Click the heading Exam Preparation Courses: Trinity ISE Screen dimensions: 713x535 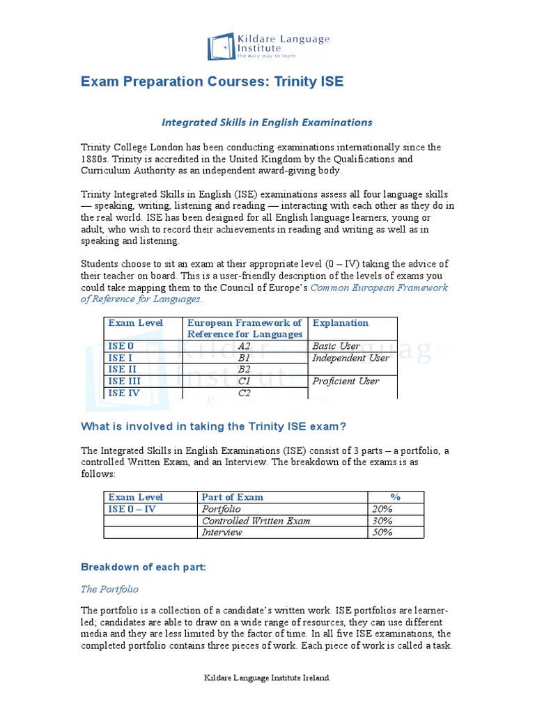212,82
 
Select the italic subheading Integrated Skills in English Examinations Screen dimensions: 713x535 267,123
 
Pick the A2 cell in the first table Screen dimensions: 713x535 244,346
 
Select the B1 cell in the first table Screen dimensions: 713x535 244,358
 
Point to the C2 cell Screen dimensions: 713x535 244,393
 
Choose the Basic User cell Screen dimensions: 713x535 336,346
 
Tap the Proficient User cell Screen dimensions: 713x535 346,382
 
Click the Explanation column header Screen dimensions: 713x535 341,323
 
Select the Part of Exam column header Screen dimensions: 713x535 233,497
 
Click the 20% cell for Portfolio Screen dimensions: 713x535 382,509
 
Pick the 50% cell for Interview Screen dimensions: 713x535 382,533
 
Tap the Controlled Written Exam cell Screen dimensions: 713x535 256,521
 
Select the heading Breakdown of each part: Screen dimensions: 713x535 144,567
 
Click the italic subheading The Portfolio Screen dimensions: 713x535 109,589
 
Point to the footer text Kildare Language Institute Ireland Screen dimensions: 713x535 267,677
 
